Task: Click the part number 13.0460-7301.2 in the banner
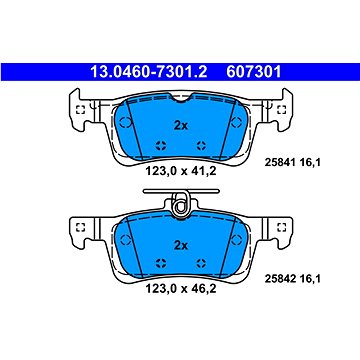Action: pyautogui.click(x=149, y=72)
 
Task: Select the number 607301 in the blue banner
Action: pyautogui.click(x=254, y=72)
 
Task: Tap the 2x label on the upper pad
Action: pyautogui.click(x=181, y=126)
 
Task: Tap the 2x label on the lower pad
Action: pyautogui.click(x=181, y=246)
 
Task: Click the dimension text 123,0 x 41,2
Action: pyautogui.click(x=181, y=171)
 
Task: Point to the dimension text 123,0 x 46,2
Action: pyautogui.click(x=181, y=288)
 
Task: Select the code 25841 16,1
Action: pyautogui.click(x=292, y=163)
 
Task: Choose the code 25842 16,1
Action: pyautogui.click(x=292, y=279)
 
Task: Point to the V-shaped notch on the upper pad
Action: pyautogui.click(x=181, y=97)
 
